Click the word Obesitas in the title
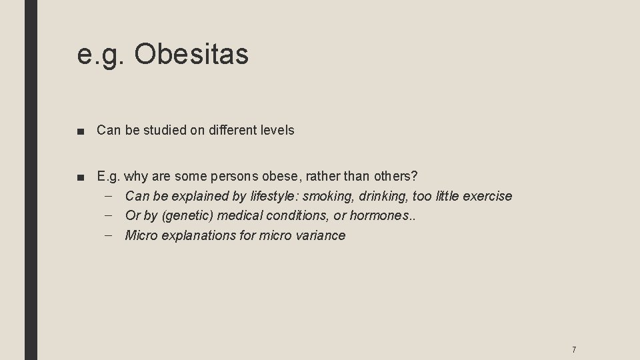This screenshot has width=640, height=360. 191,55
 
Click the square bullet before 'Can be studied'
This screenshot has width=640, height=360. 81,131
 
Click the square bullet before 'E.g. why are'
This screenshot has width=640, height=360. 81,177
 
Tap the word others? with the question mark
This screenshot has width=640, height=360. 393,177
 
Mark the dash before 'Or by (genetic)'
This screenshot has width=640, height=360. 109,215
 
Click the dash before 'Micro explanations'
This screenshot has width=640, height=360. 109,235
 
